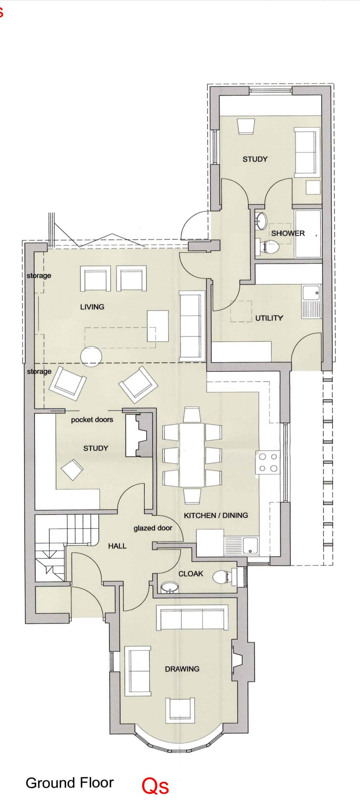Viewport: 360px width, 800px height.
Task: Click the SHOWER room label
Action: (x=288, y=233)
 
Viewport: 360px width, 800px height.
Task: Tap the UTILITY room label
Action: (x=269, y=318)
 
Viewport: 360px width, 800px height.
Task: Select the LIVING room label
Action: (x=92, y=307)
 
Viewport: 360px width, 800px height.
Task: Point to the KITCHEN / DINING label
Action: (x=216, y=515)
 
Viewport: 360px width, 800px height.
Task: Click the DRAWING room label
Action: (x=182, y=669)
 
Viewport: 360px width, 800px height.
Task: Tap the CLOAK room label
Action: (x=191, y=574)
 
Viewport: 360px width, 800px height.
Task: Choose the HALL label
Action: (x=117, y=546)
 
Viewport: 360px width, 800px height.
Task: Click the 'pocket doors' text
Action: (x=92, y=420)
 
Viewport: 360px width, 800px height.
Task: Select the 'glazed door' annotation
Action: (x=153, y=528)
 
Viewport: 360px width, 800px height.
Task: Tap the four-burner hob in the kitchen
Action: (x=268, y=462)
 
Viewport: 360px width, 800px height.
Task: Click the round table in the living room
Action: (x=91, y=357)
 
